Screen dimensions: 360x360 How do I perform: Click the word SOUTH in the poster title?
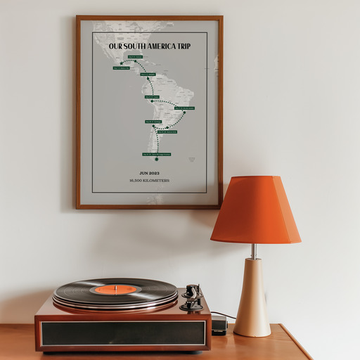tap(136, 46)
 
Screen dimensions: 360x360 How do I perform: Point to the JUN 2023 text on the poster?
tap(149, 172)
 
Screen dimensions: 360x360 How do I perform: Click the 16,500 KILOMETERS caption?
tap(149, 181)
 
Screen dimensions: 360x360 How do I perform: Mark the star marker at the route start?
tap(121, 63)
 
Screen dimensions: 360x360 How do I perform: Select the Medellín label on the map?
tap(148, 74)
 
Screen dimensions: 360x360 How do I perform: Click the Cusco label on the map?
tap(151, 97)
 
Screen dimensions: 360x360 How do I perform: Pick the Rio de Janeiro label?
tap(184, 108)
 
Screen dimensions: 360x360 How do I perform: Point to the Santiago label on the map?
tap(153, 122)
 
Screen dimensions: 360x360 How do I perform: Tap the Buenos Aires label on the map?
tap(167, 131)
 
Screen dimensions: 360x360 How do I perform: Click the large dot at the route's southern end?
tap(157, 159)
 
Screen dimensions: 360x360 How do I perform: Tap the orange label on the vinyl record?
tap(115, 289)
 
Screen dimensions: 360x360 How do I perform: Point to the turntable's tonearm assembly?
tap(191, 298)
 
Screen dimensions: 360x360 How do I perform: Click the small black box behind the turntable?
tap(219, 324)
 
